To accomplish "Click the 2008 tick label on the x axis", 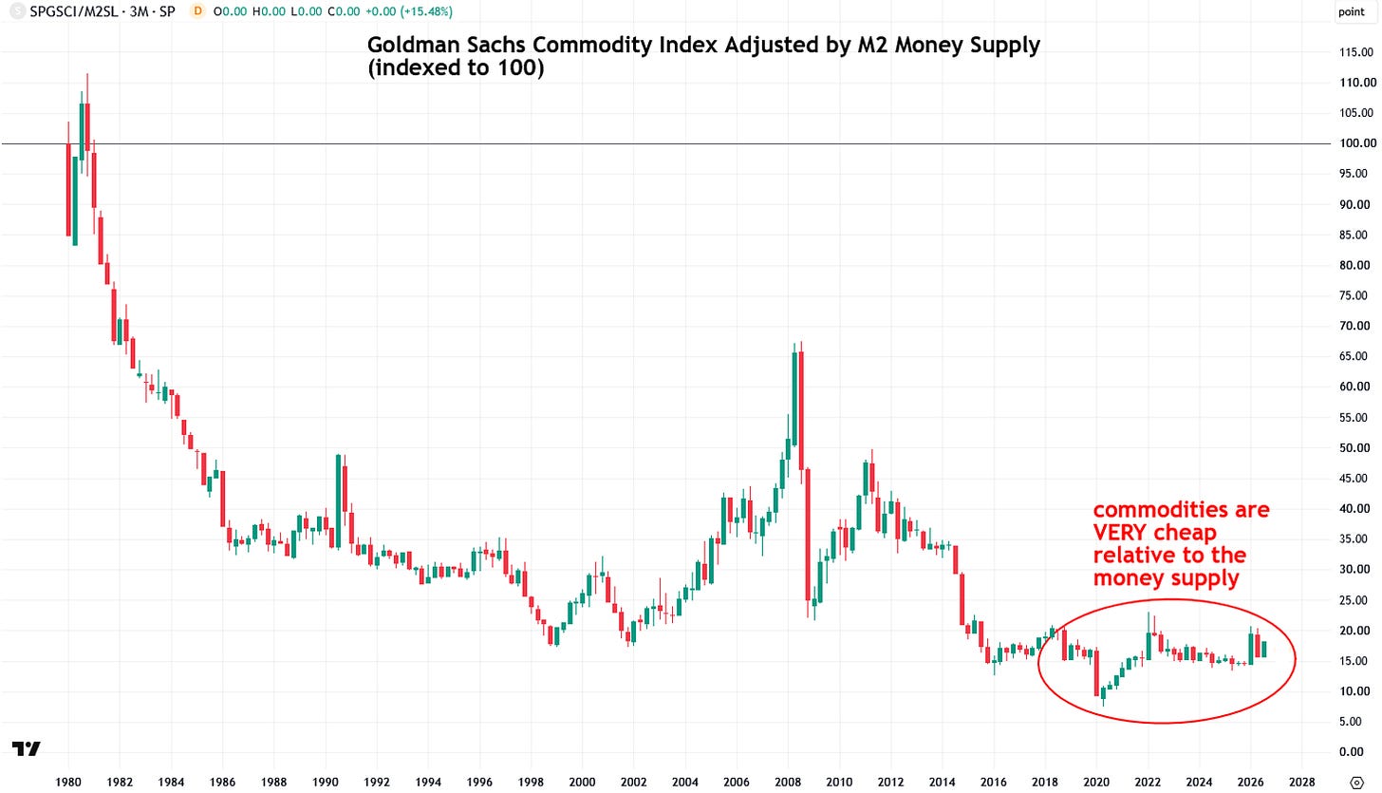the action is pyautogui.click(x=788, y=782).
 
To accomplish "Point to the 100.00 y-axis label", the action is pyautogui.click(x=1357, y=143).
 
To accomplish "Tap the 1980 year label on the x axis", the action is pyautogui.click(x=68, y=782).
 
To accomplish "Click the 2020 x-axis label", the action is pyautogui.click(x=1096, y=782).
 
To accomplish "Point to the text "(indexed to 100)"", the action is pyautogui.click(x=456, y=67).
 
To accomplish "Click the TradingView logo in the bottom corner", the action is pyautogui.click(x=26, y=748).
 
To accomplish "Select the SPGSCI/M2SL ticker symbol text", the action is pyautogui.click(x=73, y=11).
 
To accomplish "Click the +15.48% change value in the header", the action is pyautogui.click(x=424, y=11).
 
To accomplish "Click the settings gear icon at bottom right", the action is pyautogui.click(x=1356, y=783).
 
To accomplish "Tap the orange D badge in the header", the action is pyautogui.click(x=197, y=11).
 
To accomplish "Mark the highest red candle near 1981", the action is pyautogui.click(x=87, y=126).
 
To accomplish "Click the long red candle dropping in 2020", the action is pyautogui.click(x=1096, y=671).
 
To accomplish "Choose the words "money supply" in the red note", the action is pyautogui.click(x=1166, y=578).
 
